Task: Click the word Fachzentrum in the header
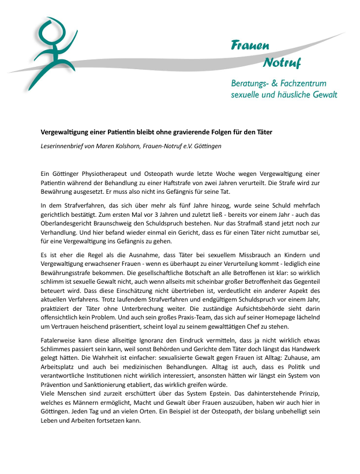click(310, 83)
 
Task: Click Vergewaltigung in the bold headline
click(63, 132)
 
